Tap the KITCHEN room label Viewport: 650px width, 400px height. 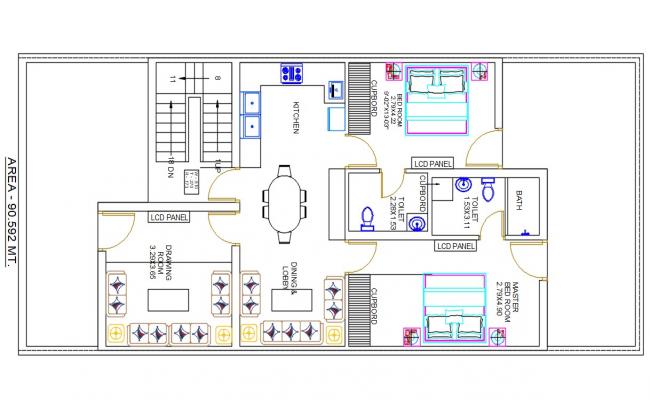(296, 118)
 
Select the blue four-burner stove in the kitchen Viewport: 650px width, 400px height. (292, 73)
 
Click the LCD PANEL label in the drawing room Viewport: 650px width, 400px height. (169, 216)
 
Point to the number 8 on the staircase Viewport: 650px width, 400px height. (215, 78)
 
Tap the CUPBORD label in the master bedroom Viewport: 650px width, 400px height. (374, 303)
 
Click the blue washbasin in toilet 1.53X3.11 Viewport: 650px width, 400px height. (463, 185)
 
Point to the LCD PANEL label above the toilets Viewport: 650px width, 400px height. (432, 162)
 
